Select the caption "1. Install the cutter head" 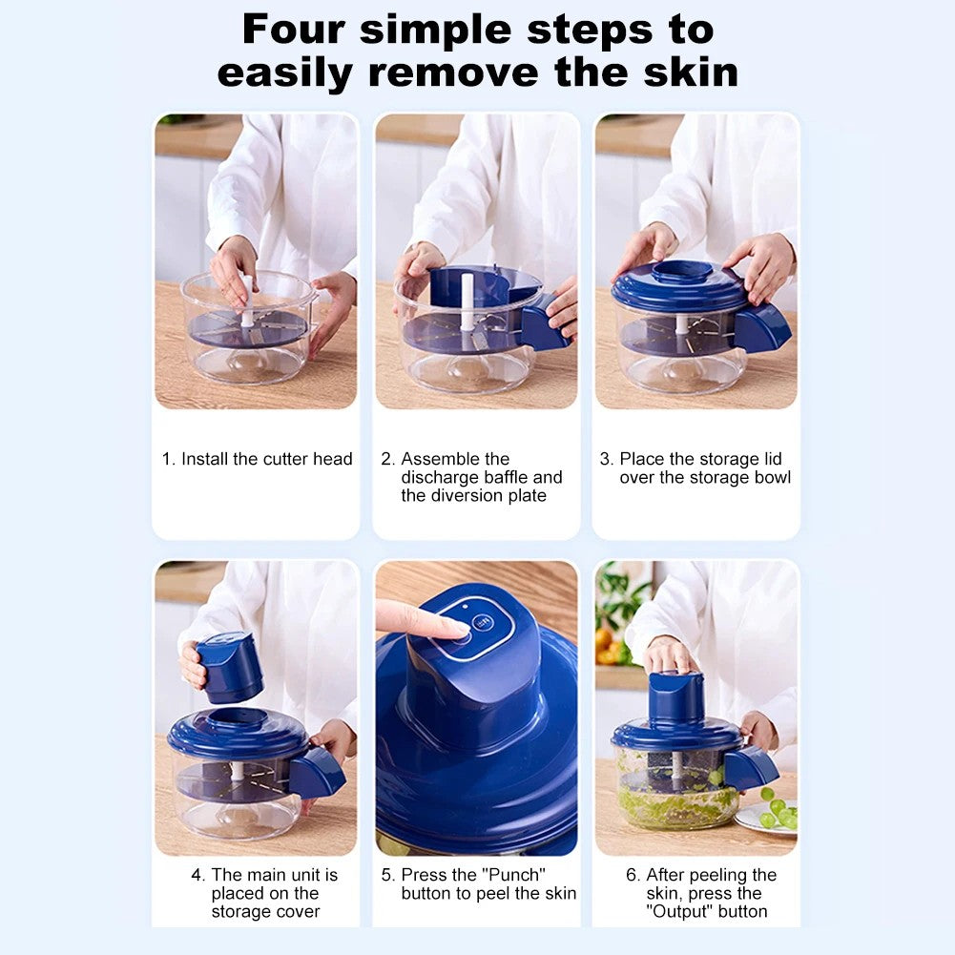(x=257, y=459)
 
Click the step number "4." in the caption (x=197, y=875)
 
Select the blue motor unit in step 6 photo (x=675, y=696)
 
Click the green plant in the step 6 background (x=620, y=601)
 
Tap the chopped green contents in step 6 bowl (x=668, y=806)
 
